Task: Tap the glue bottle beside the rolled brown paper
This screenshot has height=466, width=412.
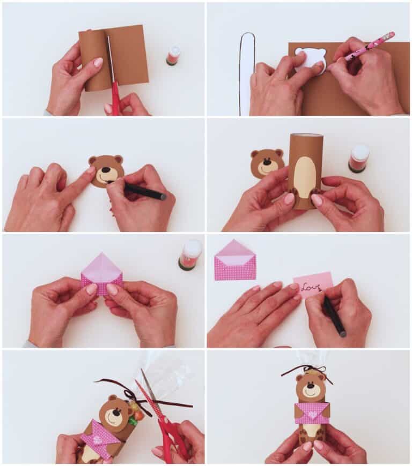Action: point(172,56)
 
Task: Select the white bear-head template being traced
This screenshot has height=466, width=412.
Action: point(311,59)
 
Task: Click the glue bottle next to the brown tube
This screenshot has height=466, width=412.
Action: point(358,159)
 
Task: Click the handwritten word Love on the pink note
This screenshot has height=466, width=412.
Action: point(310,288)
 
